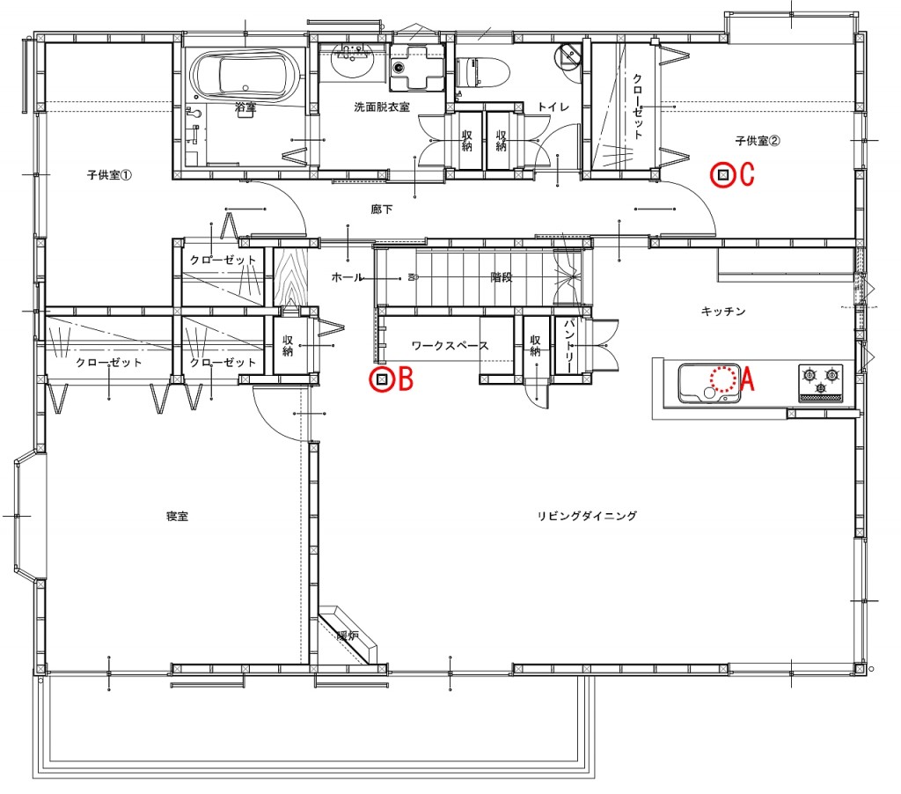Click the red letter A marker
(747, 379)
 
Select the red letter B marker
(406, 379)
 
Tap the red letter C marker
(746, 174)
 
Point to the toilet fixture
(483, 74)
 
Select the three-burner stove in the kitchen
(821, 382)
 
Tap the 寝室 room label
(177, 517)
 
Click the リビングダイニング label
(587, 516)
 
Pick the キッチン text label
(723, 311)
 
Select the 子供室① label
(109, 174)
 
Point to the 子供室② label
(758, 140)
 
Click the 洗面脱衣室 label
(382, 107)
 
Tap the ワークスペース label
(450, 346)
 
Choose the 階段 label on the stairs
(501, 277)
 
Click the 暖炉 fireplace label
(348, 636)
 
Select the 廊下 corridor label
(382, 209)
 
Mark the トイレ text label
(553, 107)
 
